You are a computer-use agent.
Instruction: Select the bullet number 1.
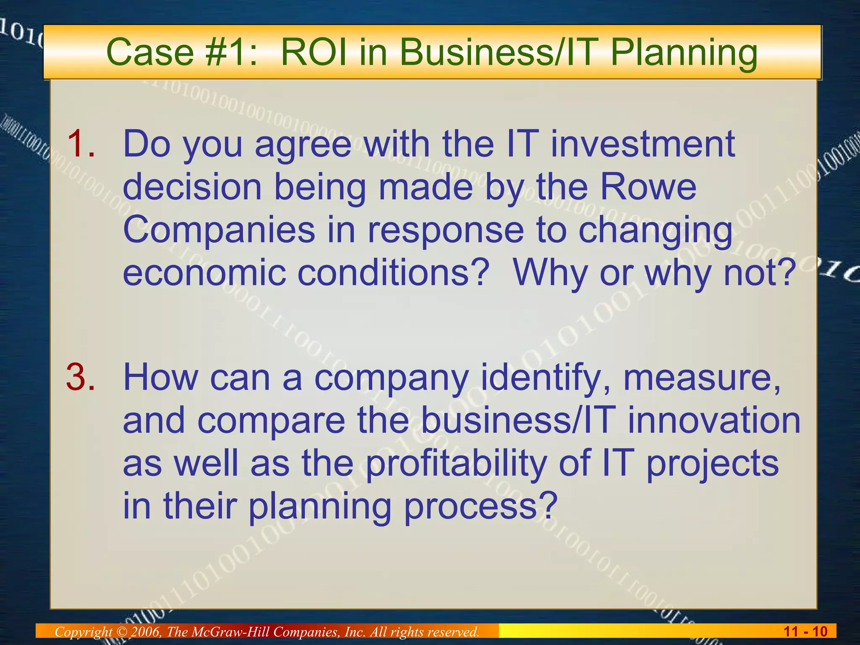[x=81, y=144]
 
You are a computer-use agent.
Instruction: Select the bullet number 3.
[x=81, y=377]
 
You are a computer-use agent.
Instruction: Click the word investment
[x=642, y=144]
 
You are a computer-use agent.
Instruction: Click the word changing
[x=655, y=231]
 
